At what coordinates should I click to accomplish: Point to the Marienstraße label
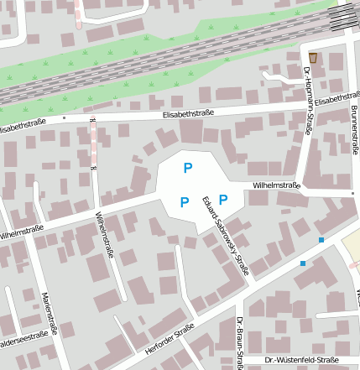click(50, 314)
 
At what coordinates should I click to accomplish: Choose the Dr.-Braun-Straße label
click(239, 344)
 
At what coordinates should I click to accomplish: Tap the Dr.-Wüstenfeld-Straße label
click(300, 360)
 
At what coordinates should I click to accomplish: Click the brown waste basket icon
click(313, 57)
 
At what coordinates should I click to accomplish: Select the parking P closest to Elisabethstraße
click(188, 168)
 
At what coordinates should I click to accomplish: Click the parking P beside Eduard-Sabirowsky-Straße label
click(223, 199)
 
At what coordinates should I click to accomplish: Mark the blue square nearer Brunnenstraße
click(321, 241)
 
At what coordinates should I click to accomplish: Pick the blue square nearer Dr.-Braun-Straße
click(303, 263)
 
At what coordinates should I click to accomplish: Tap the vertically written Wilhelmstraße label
click(104, 234)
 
